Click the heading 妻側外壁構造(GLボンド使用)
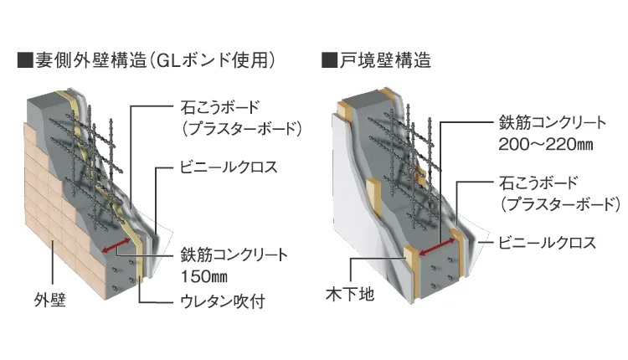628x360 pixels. click(156, 60)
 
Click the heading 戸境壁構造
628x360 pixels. click(385, 60)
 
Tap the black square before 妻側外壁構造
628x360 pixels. click(25, 60)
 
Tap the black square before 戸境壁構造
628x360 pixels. click(330, 60)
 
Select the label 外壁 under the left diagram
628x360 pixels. click(49, 300)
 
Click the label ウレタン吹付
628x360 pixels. click(223, 301)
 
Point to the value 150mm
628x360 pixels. click(204, 277)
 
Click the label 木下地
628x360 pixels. click(350, 295)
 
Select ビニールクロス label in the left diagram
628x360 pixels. click(229, 167)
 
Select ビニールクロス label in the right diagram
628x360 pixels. click(547, 243)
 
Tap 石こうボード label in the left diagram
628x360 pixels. click(220, 107)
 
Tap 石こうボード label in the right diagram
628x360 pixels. click(538, 183)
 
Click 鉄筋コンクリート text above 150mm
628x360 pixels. click(234, 255)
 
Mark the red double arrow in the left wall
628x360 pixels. click(116, 245)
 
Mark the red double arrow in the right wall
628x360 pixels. click(436, 247)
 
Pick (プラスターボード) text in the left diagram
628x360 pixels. click(240, 129)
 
